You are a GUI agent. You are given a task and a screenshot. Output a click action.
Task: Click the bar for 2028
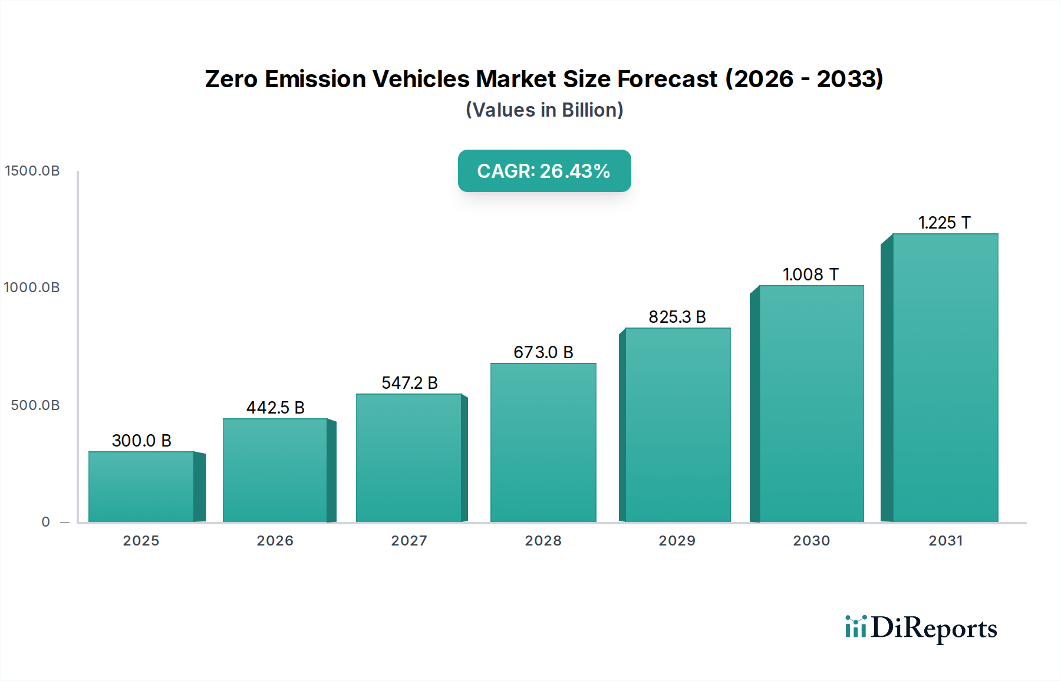543,442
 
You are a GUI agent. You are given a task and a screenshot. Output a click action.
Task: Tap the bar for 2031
945,378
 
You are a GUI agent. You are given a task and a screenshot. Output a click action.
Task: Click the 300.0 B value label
141,441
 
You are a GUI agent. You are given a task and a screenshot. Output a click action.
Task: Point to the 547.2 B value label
409,383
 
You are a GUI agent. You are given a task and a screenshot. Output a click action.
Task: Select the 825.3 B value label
677,317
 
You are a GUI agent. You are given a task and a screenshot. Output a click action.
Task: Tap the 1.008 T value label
810,275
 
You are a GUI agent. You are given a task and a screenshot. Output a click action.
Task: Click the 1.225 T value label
944,223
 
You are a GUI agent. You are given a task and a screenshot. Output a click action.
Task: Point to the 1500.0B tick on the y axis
32,171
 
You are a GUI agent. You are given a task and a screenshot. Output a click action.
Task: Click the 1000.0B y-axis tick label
32,287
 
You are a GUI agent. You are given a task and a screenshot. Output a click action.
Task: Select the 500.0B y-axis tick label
35,405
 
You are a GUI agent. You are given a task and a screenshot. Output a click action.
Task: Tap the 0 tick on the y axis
46,522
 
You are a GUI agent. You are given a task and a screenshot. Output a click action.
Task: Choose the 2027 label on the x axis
409,541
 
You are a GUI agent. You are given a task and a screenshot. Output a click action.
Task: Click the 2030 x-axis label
811,541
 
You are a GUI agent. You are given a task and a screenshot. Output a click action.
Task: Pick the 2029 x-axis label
677,541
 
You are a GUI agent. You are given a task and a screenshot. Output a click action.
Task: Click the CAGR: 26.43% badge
544,171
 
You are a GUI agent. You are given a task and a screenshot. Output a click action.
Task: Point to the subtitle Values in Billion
544,110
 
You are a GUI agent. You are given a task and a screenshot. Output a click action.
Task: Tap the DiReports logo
921,629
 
